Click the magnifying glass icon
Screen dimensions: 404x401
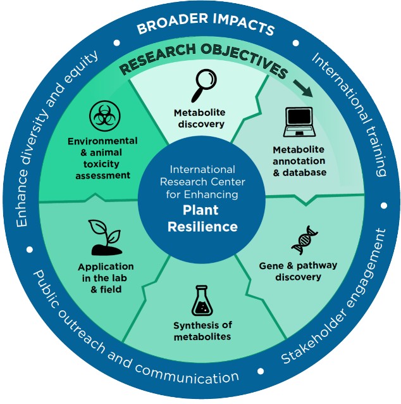[x=205, y=83]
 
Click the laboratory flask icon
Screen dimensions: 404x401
[x=202, y=301]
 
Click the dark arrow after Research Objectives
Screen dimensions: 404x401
[x=306, y=88]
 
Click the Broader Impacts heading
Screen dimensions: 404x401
[x=206, y=28]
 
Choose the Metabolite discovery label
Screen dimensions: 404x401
[x=199, y=118]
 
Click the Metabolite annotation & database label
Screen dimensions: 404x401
[x=299, y=161]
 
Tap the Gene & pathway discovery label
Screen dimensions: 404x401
[x=298, y=271]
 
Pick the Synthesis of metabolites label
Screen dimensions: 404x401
[x=202, y=331]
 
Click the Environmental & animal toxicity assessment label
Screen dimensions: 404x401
[x=102, y=158]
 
